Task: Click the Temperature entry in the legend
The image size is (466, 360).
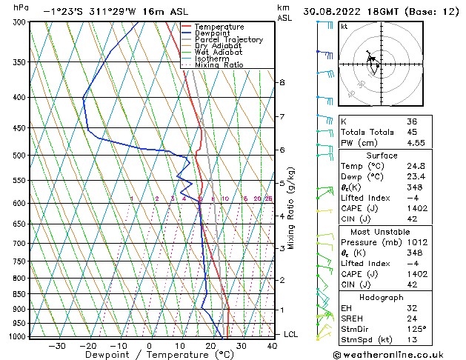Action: pos(219,27)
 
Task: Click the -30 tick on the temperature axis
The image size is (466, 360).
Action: pos(57,345)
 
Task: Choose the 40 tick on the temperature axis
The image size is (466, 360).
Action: pos(273,345)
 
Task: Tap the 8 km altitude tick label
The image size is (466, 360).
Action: pos(282,82)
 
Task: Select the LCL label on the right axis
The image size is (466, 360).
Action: pos(291,334)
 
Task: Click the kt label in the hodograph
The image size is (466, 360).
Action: pos(344,27)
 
